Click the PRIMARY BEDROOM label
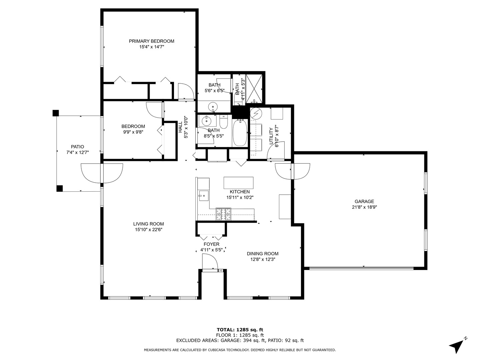point(151,41)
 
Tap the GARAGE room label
point(364,201)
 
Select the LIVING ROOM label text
point(148,224)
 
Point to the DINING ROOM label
point(262,254)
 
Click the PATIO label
point(77,147)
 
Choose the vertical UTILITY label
point(271,135)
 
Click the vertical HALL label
point(180,127)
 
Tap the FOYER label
point(211,244)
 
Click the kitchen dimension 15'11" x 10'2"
point(240,197)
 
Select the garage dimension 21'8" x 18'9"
point(364,207)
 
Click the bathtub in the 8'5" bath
point(239,133)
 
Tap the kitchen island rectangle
point(238,183)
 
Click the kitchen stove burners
point(223,214)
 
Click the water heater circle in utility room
point(256,114)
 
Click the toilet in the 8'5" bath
point(224,122)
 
